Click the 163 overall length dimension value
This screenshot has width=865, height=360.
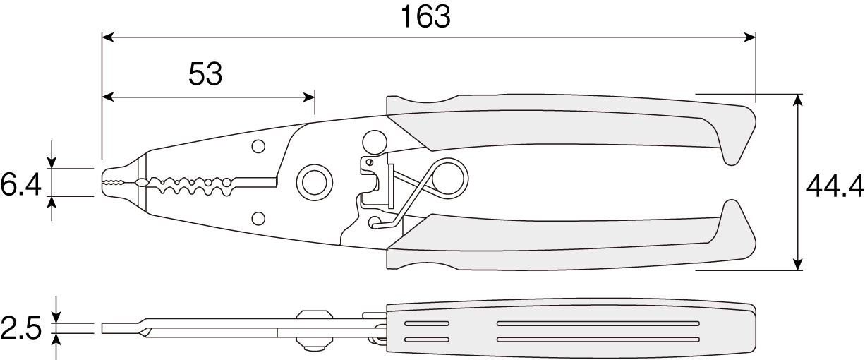coord(425,17)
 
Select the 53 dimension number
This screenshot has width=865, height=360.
coord(205,73)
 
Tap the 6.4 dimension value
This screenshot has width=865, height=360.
coord(20,185)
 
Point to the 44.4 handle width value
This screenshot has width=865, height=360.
coord(835,186)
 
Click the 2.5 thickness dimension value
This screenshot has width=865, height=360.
coord(20,328)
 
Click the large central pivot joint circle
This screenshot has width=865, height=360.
coord(315,182)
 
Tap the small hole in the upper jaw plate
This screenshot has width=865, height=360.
coord(258,146)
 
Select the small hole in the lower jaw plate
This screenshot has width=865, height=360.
coord(258,218)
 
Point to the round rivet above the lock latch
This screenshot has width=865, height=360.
coord(375,142)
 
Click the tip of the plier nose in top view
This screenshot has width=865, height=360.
coord(103,182)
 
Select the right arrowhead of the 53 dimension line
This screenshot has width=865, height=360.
coord(309,97)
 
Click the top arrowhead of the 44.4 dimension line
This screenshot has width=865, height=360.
coord(798,100)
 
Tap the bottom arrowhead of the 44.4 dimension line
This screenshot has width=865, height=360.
coord(798,265)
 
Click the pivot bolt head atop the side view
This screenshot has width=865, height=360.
coord(315,314)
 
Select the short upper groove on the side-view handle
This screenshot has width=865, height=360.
coord(427,323)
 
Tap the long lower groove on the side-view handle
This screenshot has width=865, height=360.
coord(598,340)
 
